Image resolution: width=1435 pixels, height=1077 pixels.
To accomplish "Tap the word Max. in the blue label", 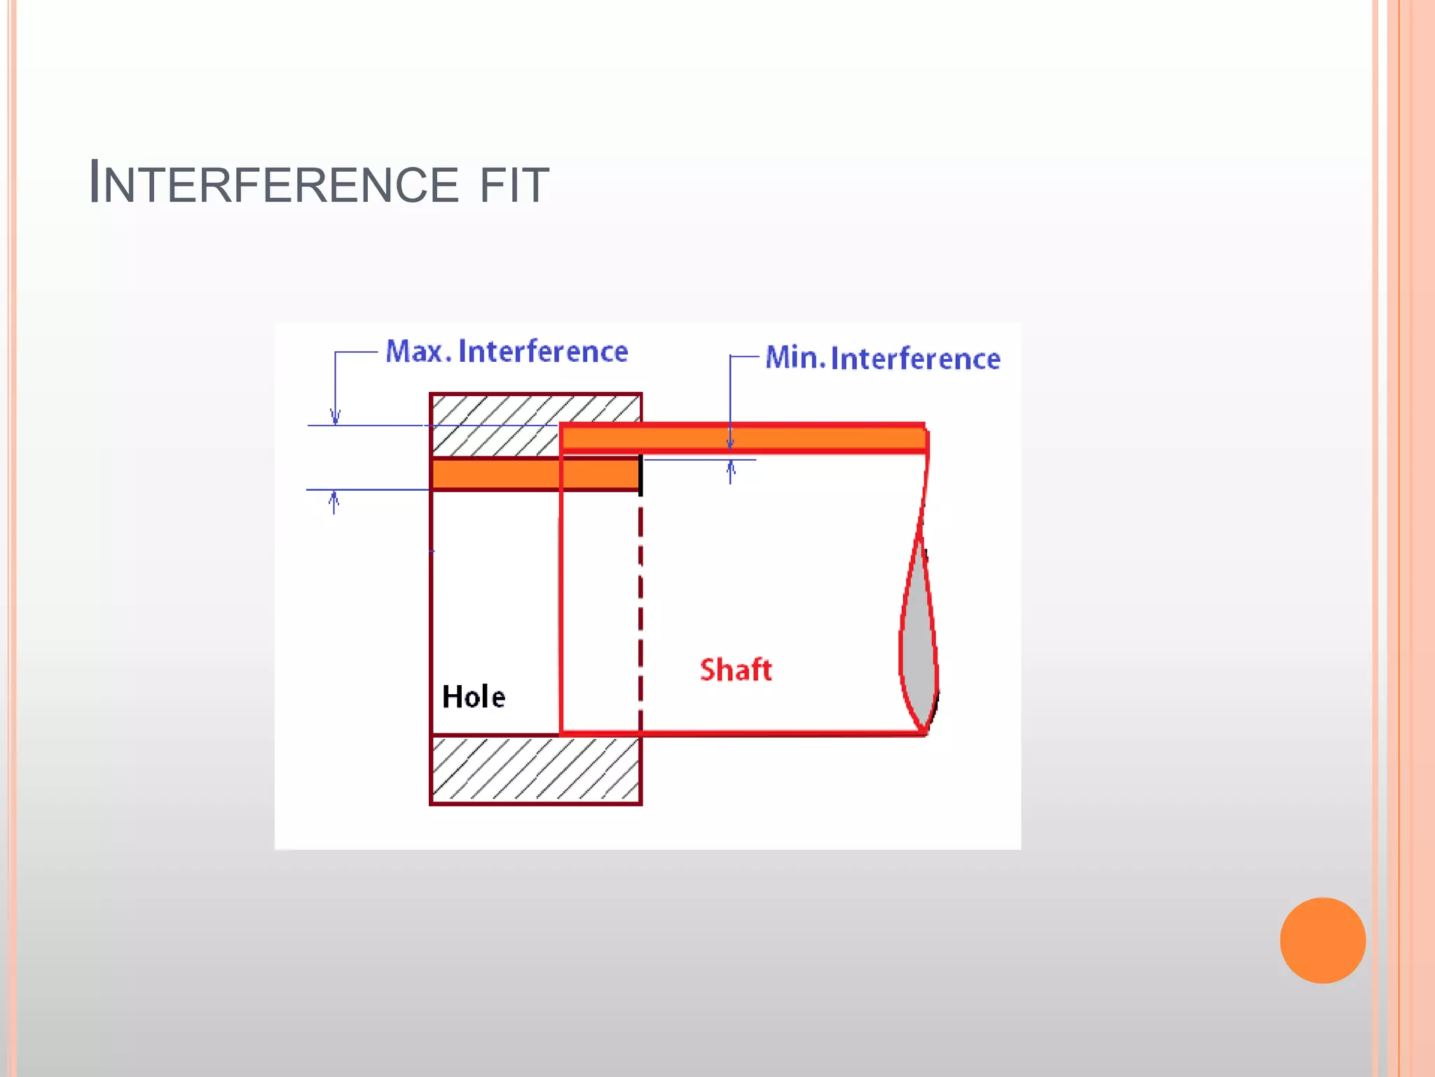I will pos(418,351).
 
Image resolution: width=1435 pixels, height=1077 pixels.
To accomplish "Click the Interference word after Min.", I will pos(915,359).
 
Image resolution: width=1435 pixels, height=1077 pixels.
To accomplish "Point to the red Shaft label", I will pos(736,670).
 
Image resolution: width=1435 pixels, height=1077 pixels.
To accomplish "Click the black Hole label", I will pos(474,697).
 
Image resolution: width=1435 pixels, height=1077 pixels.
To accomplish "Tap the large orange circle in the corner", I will pos(1322,940).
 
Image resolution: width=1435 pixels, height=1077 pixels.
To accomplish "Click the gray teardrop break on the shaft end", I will pos(918,638).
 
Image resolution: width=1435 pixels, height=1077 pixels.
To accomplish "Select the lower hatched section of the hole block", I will pos(536,769).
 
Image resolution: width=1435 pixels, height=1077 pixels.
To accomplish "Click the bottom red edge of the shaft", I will pos(743,733).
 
